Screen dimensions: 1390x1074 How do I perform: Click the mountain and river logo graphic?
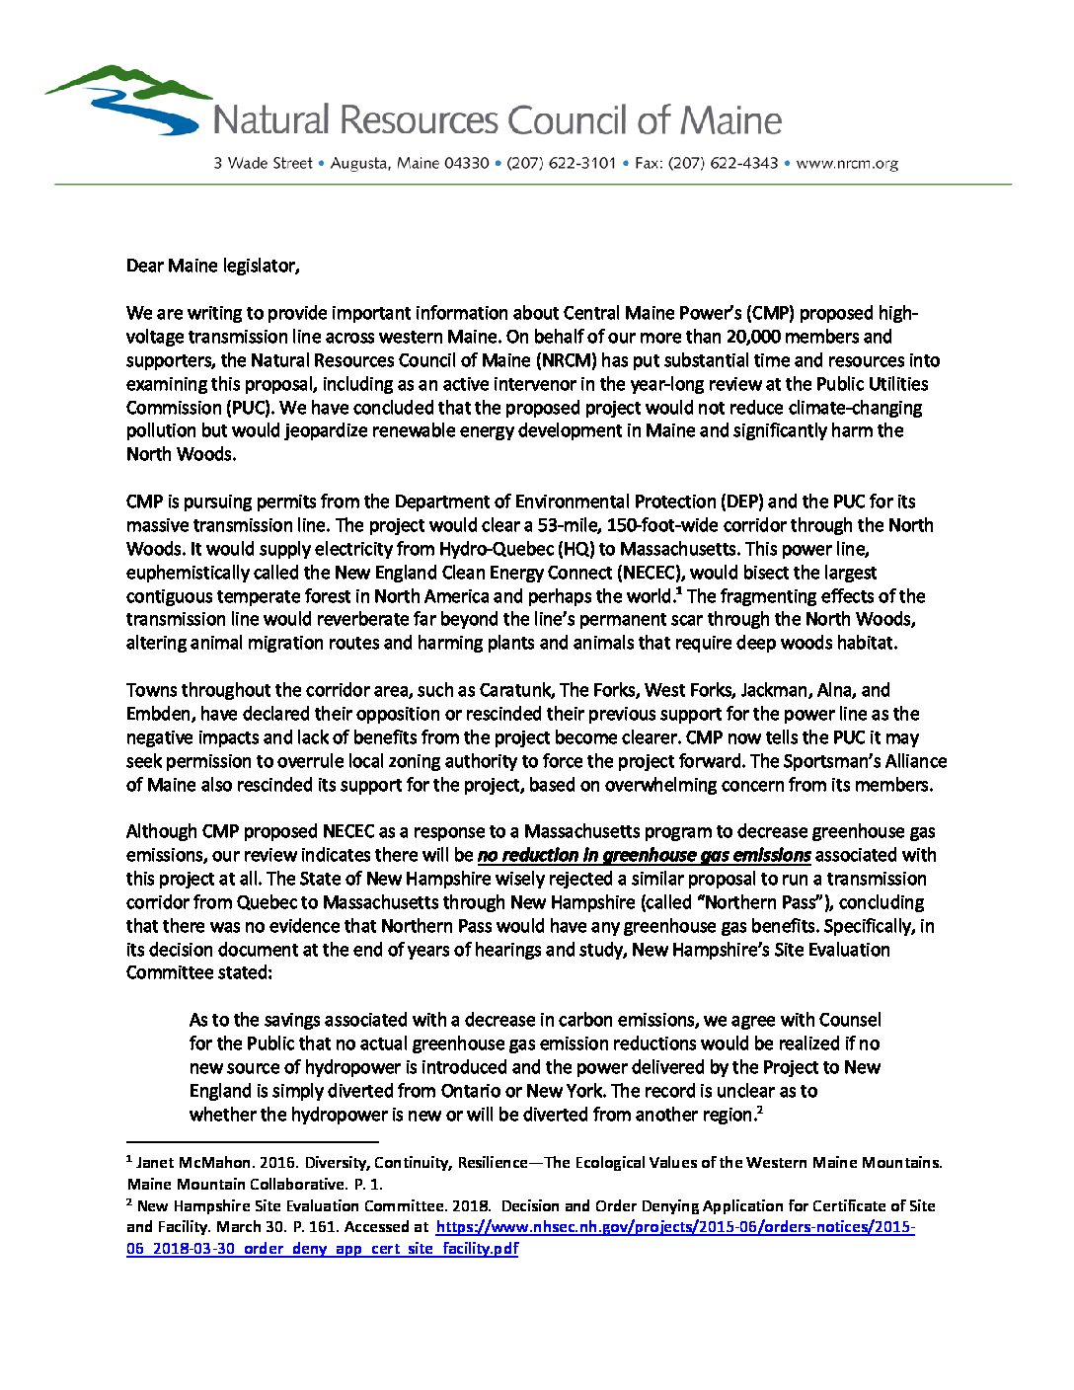point(128,100)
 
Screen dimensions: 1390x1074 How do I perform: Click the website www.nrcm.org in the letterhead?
point(846,163)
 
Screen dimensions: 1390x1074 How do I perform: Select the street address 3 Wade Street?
point(263,163)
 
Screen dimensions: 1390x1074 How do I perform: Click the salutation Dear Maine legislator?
point(212,266)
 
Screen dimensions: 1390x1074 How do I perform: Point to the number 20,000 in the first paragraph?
point(759,337)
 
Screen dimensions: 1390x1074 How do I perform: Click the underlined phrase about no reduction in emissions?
point(644,855)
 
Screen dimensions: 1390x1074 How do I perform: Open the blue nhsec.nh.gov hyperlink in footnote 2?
point(674,1227)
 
